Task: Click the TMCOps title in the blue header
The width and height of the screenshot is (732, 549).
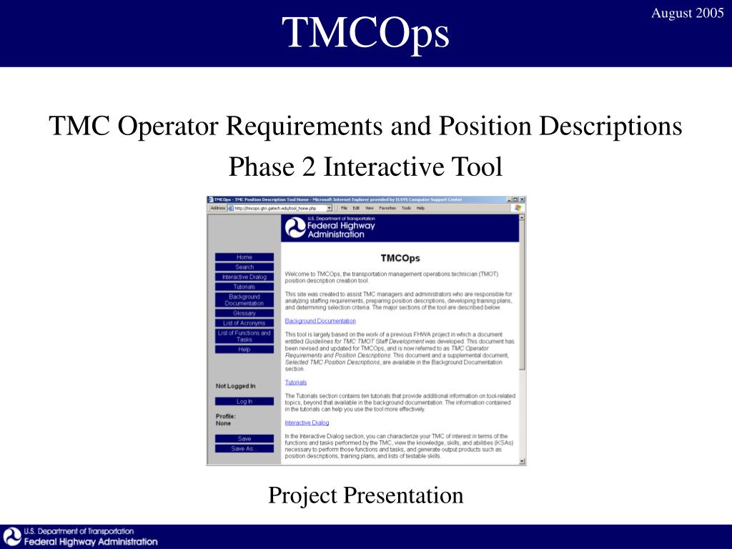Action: [365, 32]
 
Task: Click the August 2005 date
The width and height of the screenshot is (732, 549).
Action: [687, 14]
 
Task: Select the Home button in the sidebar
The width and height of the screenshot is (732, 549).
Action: [244, 257]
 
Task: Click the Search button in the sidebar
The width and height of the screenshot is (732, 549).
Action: [244, 267]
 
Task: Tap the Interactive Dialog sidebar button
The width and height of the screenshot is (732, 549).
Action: [244, 277]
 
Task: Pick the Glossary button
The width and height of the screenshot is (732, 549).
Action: [244, 313]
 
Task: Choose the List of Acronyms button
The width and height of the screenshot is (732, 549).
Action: [244, 323]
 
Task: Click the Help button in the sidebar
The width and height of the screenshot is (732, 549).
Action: [244, 350]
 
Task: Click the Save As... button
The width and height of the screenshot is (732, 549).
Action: [244, 449]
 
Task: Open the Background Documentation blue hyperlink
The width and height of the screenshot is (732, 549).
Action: [320, 321]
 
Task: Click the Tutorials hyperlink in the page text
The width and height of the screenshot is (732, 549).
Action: [295, 382]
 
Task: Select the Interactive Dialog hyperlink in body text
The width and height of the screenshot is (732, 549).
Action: [307, 422]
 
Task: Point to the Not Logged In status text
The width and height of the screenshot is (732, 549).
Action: [235, 386]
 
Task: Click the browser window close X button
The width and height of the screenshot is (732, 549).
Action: [523, 199]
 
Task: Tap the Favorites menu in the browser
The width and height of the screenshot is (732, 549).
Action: [387, 208]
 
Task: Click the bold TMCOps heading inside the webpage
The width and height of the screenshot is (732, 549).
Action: [400, 258]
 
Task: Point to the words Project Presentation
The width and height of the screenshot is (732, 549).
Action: [365, 495]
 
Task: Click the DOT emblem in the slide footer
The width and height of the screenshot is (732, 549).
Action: [12, 537]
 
